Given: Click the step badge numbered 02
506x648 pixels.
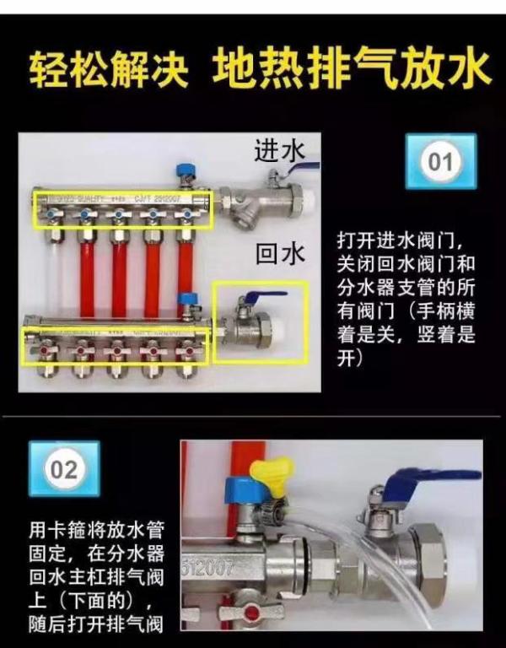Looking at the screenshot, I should click(64, 470).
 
